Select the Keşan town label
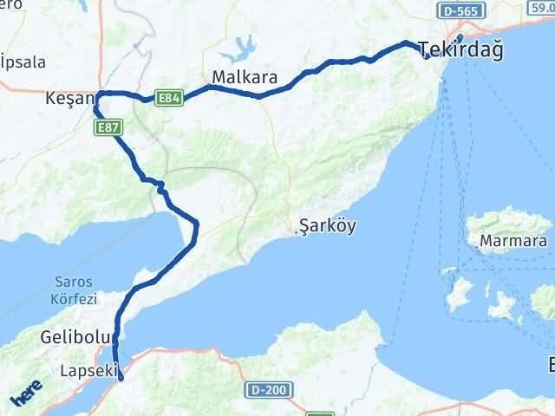coord(68,101)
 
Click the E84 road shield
coord(169,99)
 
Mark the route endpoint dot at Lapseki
coord(121,377)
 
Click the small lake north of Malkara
coord(245,45)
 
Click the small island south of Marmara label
coord(502,305)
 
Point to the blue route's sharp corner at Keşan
coord(98,94)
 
